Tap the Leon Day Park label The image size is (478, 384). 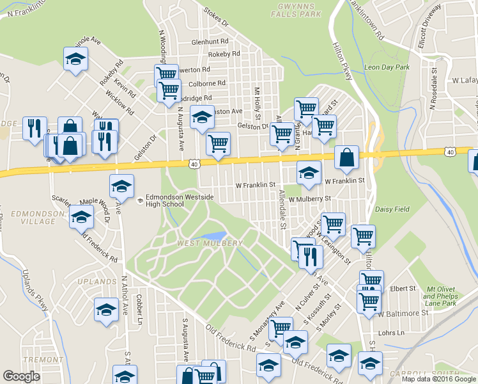(x=386, y=67)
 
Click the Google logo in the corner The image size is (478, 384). (x=22, y=376)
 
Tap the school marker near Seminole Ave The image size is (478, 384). (x=76, y=60)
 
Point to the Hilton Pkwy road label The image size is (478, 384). (x=343, y=61)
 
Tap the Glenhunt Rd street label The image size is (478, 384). (x=210, y=42)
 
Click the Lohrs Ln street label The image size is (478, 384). (x=392, y=333)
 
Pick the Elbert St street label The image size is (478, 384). (x=403, y=289)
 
